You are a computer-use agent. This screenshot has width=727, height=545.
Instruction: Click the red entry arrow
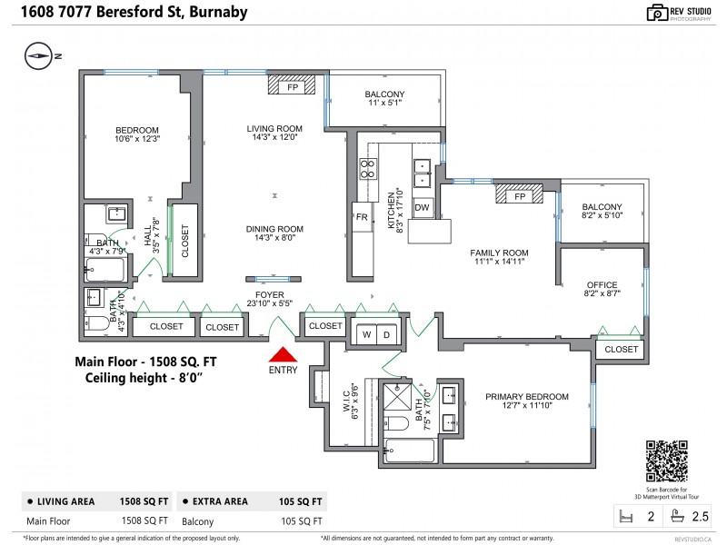point(283,354)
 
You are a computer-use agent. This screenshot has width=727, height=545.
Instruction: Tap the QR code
point(667,461)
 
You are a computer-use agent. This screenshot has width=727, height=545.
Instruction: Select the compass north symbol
point(38,55)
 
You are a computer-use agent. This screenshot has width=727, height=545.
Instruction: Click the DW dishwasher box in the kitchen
point(422,207)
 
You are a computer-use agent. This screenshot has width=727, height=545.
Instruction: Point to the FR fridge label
point(362,217)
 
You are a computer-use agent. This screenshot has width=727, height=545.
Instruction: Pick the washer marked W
point(366,334)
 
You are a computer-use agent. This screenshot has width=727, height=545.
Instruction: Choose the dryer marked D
point(387,334)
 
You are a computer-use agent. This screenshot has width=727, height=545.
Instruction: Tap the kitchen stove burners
point(368,169)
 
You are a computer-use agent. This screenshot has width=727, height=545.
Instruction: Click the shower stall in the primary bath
point(397,397)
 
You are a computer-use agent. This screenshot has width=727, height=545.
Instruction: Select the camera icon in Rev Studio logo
point(657,13)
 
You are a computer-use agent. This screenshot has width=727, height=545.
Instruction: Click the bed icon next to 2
point(626,516)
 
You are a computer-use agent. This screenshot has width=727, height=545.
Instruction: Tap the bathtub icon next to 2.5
point(677,516)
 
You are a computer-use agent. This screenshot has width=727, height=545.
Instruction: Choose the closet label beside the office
point(622,349)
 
